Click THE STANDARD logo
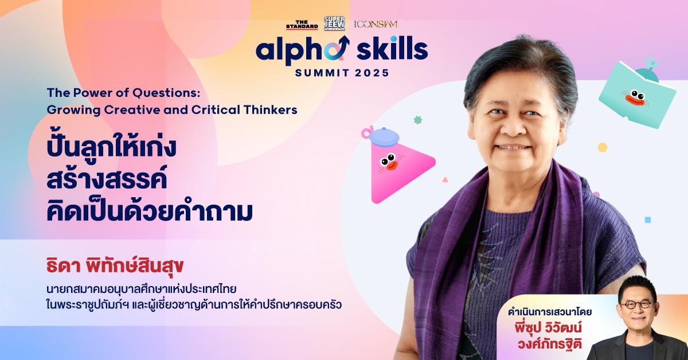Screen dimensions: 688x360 (x=302, y=25)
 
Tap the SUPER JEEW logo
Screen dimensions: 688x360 (x=334, y=24)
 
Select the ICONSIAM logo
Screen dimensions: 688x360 (x=376, y=24)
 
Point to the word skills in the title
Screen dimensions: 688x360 (x=392, y=48)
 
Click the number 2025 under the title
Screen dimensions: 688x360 (x=372, y=73)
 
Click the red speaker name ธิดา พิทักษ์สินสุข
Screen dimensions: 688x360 (x=115, y=266)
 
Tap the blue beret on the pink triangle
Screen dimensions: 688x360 (x=384, y=136)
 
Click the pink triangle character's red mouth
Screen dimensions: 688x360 (x=392, y=166)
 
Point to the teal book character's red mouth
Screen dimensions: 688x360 (x=635, y=100)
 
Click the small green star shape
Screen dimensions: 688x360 (x=418, y=120)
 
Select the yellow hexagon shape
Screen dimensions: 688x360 (x=603, y=147)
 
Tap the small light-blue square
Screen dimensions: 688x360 (x=648, y=220)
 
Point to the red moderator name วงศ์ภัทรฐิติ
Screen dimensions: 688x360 (x=549, y=344)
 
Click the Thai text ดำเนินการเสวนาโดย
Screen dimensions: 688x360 (x=550, y=312)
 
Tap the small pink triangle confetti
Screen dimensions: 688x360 (x=445, y=179)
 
